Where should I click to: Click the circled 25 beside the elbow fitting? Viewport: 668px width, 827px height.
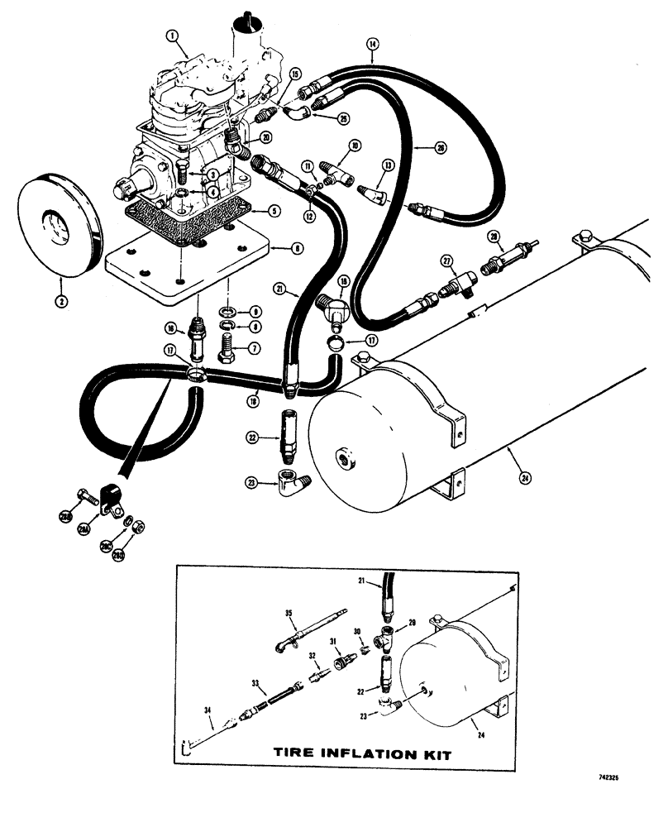coord(343,118)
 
